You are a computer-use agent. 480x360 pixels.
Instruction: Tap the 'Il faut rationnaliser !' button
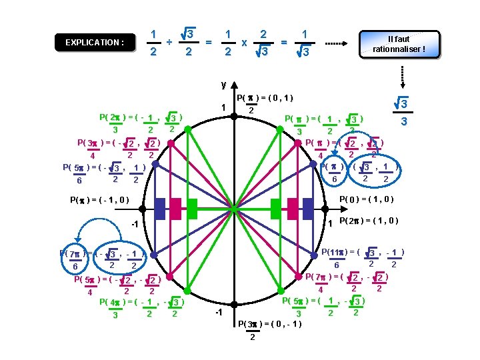click(399, 44)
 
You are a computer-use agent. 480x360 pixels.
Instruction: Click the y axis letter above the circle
click(223, 85)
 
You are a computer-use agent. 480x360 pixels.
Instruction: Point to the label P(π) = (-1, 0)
click(99, 199)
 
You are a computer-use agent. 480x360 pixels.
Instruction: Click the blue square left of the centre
click(159, 209)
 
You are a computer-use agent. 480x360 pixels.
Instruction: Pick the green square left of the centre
click(192, 209)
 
